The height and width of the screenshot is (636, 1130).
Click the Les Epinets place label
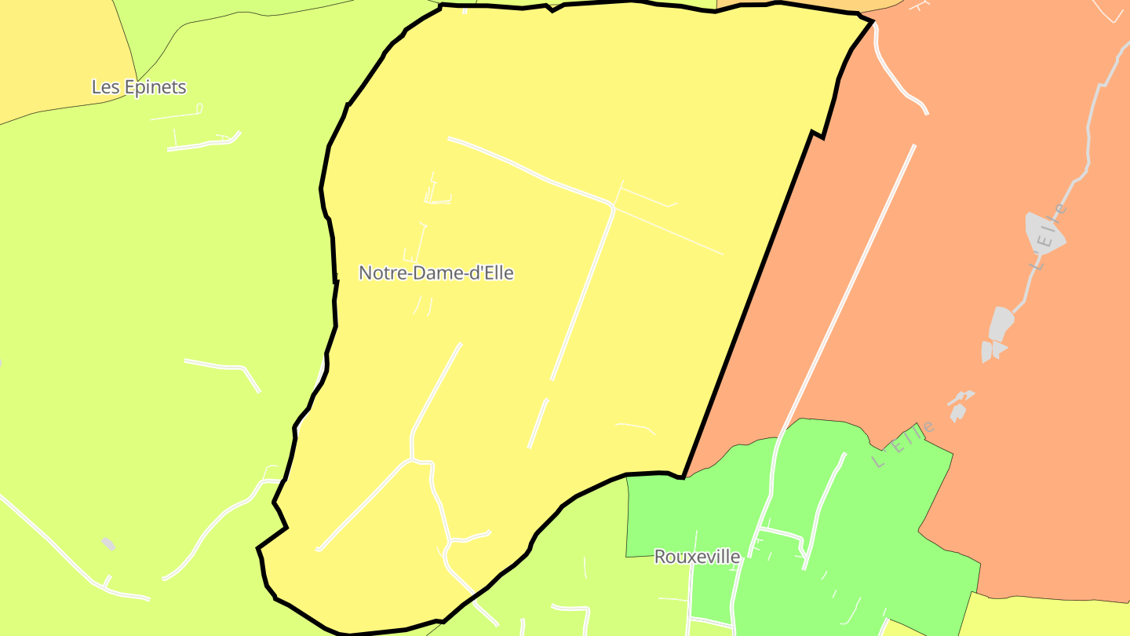tap(139, 87)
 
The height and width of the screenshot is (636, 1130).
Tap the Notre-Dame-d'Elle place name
tap(436, 273)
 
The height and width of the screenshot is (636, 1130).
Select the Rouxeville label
tap(697, 557)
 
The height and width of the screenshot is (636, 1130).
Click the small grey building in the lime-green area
tap(108, 543)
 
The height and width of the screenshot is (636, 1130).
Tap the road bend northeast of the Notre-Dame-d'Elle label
tap(611, 207)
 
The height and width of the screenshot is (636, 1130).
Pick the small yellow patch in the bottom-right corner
tap(1044, 616)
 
